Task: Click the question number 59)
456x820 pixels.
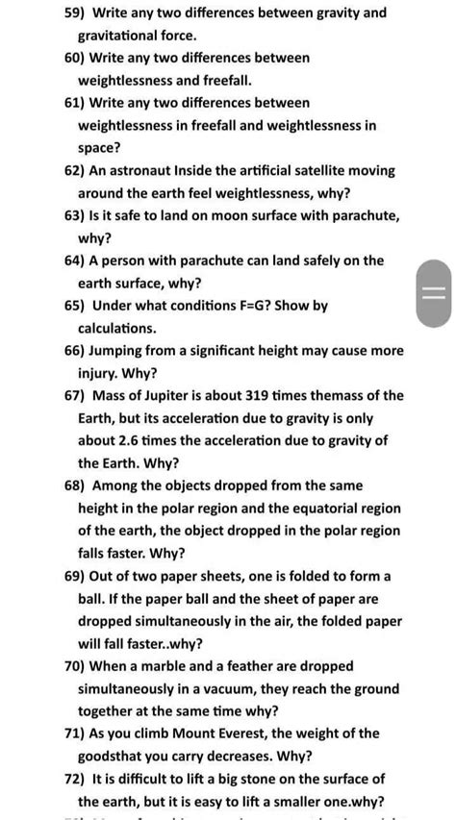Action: point(73,12)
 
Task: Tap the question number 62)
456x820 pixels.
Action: point(74,170)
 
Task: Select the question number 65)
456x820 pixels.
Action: point(74,306)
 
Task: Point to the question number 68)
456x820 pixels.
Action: point(74,485)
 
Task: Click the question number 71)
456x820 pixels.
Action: point(74,733)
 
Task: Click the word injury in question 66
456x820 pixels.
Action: point(99,373)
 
